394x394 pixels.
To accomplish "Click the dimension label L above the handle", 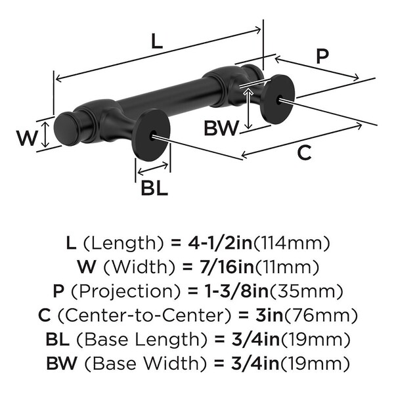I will click(x=156, y=42).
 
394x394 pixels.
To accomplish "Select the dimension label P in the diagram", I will click(x=321, y=56).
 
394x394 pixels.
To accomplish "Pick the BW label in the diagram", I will click(x=220, y=128).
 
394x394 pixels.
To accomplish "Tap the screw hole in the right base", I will click(x=282, y=100).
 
